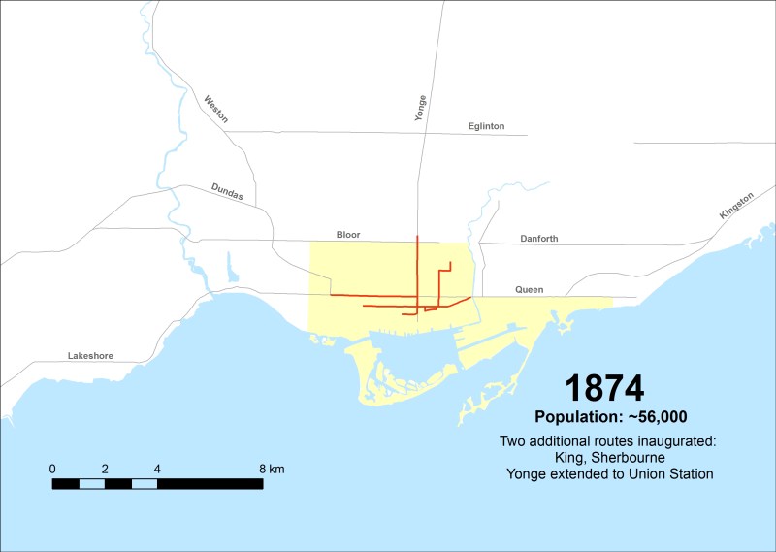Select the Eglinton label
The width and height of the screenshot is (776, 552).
[486, 126]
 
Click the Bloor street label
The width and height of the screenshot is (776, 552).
[348, 235]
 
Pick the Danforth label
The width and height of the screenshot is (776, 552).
[539, 239]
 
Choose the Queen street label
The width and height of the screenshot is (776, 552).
[530, 290]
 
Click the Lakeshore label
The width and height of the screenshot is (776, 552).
[90, 356]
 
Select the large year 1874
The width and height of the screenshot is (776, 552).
[604, 388]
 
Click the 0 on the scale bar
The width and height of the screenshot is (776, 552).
[52, 469]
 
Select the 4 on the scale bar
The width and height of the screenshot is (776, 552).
[157, 469]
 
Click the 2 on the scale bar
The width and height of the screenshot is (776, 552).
[105, 469]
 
